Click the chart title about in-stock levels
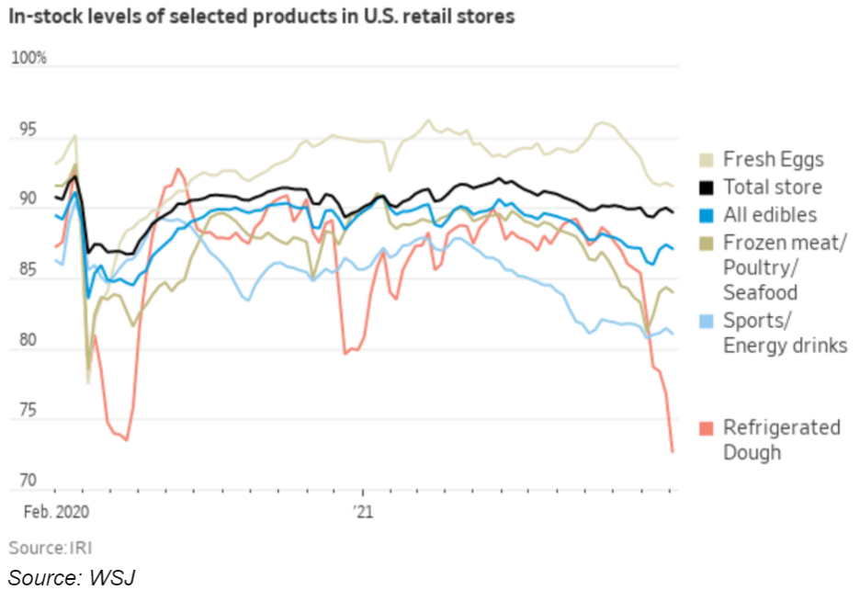(x=262, y=17)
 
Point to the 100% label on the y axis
(x=28, y=59)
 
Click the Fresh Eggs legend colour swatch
(x=705, y=159)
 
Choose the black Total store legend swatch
(x=705, y=187)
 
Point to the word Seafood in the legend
(x=760, y=292)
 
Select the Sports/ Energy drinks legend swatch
(x=705, y=321)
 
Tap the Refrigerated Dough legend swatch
(x=705, y=427)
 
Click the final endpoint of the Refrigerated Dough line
(x=673, y=451)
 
